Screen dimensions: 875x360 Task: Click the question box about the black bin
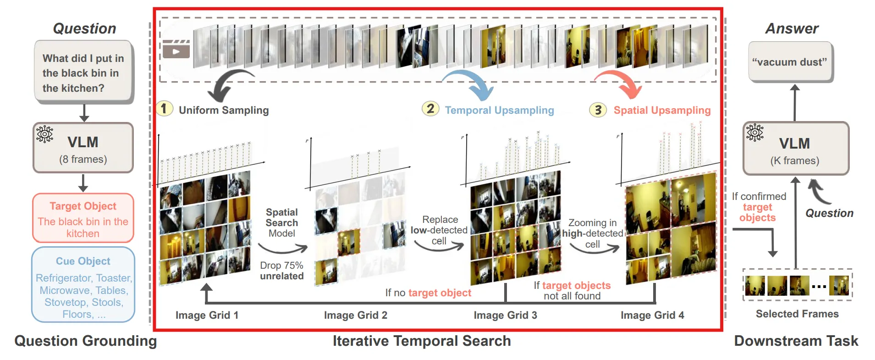coord(83,72)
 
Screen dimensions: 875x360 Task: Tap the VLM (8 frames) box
coord(83,148)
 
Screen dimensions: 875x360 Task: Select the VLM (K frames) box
coord(795,149)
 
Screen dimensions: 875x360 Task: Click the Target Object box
coord(83,218)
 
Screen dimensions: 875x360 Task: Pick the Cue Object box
coord(83,285)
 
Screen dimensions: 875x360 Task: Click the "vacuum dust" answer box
coord(790,62)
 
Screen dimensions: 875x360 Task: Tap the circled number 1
coord(164,109)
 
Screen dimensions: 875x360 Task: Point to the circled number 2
coord(430,109)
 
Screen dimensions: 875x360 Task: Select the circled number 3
coord(598,110)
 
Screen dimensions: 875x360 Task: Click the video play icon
coord(176,50)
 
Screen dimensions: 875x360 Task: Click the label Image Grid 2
coord(355,315)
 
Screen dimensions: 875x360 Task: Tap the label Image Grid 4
coord(652,315)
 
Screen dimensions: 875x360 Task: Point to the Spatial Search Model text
coord(282,223)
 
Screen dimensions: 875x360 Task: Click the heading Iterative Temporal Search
coord(421,341)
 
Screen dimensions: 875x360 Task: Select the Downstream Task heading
coord(796,341)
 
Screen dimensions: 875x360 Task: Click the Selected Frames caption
coord(797,314)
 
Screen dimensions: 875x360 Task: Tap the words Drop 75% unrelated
coord(281,271)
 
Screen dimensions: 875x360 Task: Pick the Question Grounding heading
coord(85,341)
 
